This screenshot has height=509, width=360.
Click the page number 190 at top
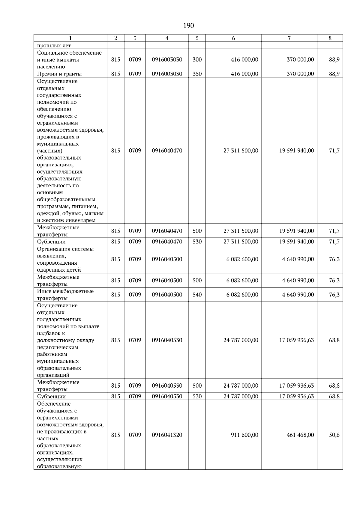(188, 26)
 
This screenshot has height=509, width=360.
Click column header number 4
(167, 38)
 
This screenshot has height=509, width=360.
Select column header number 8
(330, 38)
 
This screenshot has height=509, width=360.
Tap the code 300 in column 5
(197, 60)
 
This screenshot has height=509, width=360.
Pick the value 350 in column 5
(197, 74)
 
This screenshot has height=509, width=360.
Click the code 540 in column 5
(197, 295)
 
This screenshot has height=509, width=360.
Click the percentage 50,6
(334, 435)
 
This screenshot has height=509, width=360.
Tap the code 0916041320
(167, 435)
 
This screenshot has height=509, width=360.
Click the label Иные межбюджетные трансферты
(65, 295)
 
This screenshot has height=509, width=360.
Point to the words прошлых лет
(54, 46)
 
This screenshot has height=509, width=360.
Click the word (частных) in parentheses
(49, 151)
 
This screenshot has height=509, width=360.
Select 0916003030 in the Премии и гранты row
(167, 74)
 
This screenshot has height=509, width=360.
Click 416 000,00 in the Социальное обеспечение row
(244, 60)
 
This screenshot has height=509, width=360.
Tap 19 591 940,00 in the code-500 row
(296, 231)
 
